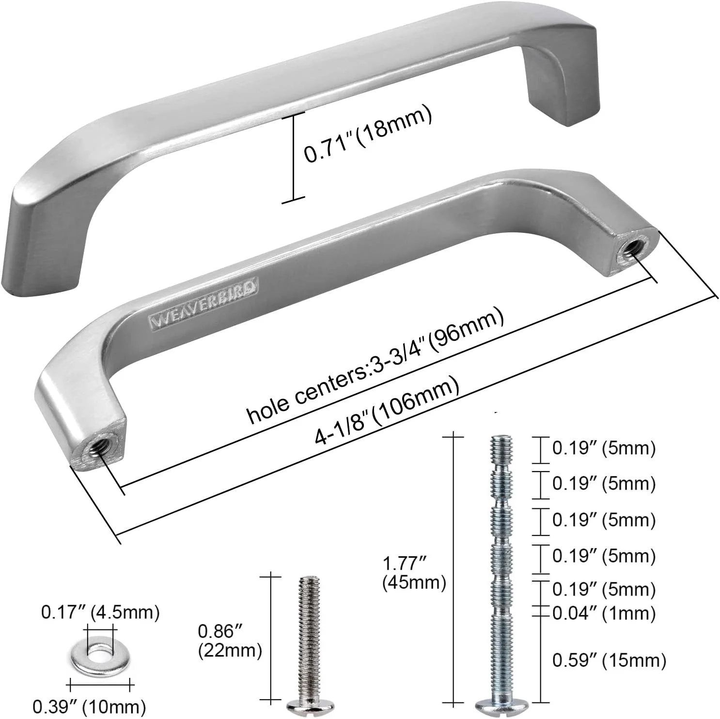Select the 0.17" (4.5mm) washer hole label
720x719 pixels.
100,612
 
